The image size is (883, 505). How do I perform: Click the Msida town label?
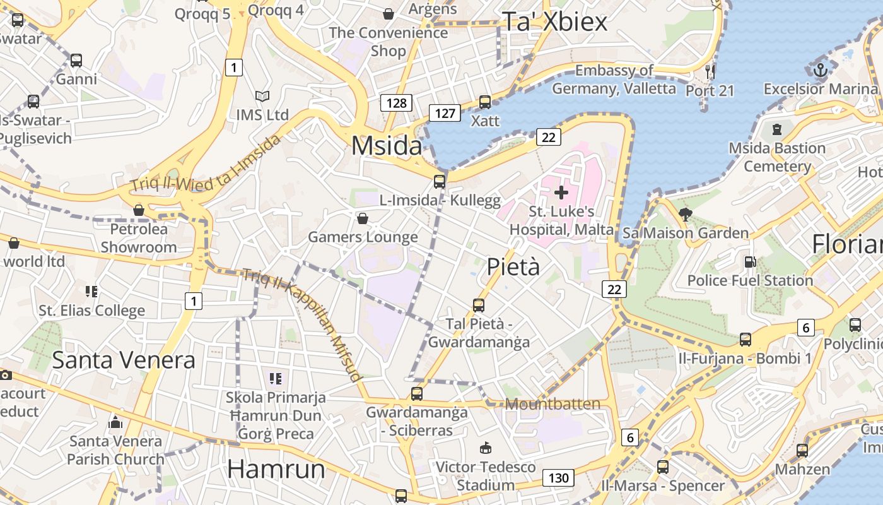pos(386,146)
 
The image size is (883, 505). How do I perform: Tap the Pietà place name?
pos(513,267)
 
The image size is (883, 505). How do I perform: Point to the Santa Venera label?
pos(124,360)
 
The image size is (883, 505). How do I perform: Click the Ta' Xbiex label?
pos(554,22)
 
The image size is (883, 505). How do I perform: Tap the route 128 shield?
pos(395,103)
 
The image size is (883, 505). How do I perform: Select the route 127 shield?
pos(445,113)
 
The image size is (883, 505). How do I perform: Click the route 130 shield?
pos(558,478)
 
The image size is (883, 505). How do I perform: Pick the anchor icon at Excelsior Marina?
pos(820,70)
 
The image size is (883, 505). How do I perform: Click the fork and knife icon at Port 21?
pos(710,71)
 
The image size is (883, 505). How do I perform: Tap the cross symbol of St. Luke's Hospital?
pos(561,192)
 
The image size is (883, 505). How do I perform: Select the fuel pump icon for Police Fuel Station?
pos(750,261)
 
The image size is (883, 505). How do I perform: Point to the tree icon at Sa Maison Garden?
pos(686,214)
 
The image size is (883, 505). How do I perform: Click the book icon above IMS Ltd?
pos(262,96)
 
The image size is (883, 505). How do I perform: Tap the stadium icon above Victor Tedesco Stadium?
pos(485,448)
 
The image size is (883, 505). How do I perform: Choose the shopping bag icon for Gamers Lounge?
pos(363,218)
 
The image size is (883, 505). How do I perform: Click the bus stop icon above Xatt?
pos(485,102)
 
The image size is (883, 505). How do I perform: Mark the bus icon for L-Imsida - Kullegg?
pos(440,182)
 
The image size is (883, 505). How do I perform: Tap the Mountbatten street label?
pos(553,404)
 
